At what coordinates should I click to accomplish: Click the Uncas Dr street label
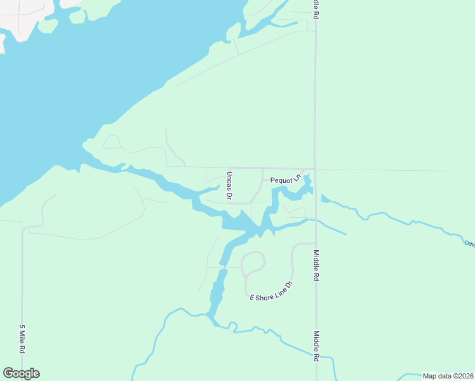229,185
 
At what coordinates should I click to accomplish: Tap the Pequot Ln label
284,180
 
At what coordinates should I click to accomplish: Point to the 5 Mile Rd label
22,340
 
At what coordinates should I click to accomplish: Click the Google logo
21,373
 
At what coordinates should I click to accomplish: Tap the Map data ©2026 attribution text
448,376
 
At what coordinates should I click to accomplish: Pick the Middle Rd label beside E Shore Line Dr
316,265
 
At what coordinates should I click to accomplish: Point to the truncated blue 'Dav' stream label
469,243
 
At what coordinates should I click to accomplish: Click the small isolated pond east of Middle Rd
325,199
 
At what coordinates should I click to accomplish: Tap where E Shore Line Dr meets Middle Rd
316,243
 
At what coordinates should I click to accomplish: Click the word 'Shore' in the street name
266,294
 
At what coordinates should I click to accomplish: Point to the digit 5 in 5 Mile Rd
22,328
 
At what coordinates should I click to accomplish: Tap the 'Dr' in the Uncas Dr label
229,196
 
